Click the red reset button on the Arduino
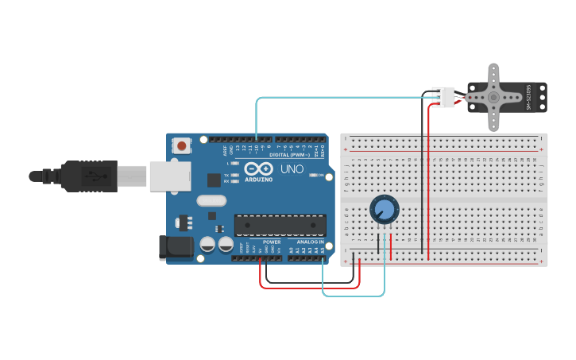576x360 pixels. (182, 145)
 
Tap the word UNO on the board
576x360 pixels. (292, 169)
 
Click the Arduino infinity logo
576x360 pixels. (257, 168)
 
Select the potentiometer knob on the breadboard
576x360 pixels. (384, 210)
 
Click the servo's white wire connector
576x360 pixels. (443, 97)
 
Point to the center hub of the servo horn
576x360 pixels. (493, 97)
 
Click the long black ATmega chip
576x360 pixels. (280, 225)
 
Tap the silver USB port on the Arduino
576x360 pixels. (169, 176)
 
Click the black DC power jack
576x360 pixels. (176, 247)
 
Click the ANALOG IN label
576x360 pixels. (310, 242)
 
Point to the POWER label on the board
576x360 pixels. (272, 242)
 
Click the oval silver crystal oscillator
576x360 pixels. (211, 201)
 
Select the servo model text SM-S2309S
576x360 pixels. (529, 97)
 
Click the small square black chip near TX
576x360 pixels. (214, 180)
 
